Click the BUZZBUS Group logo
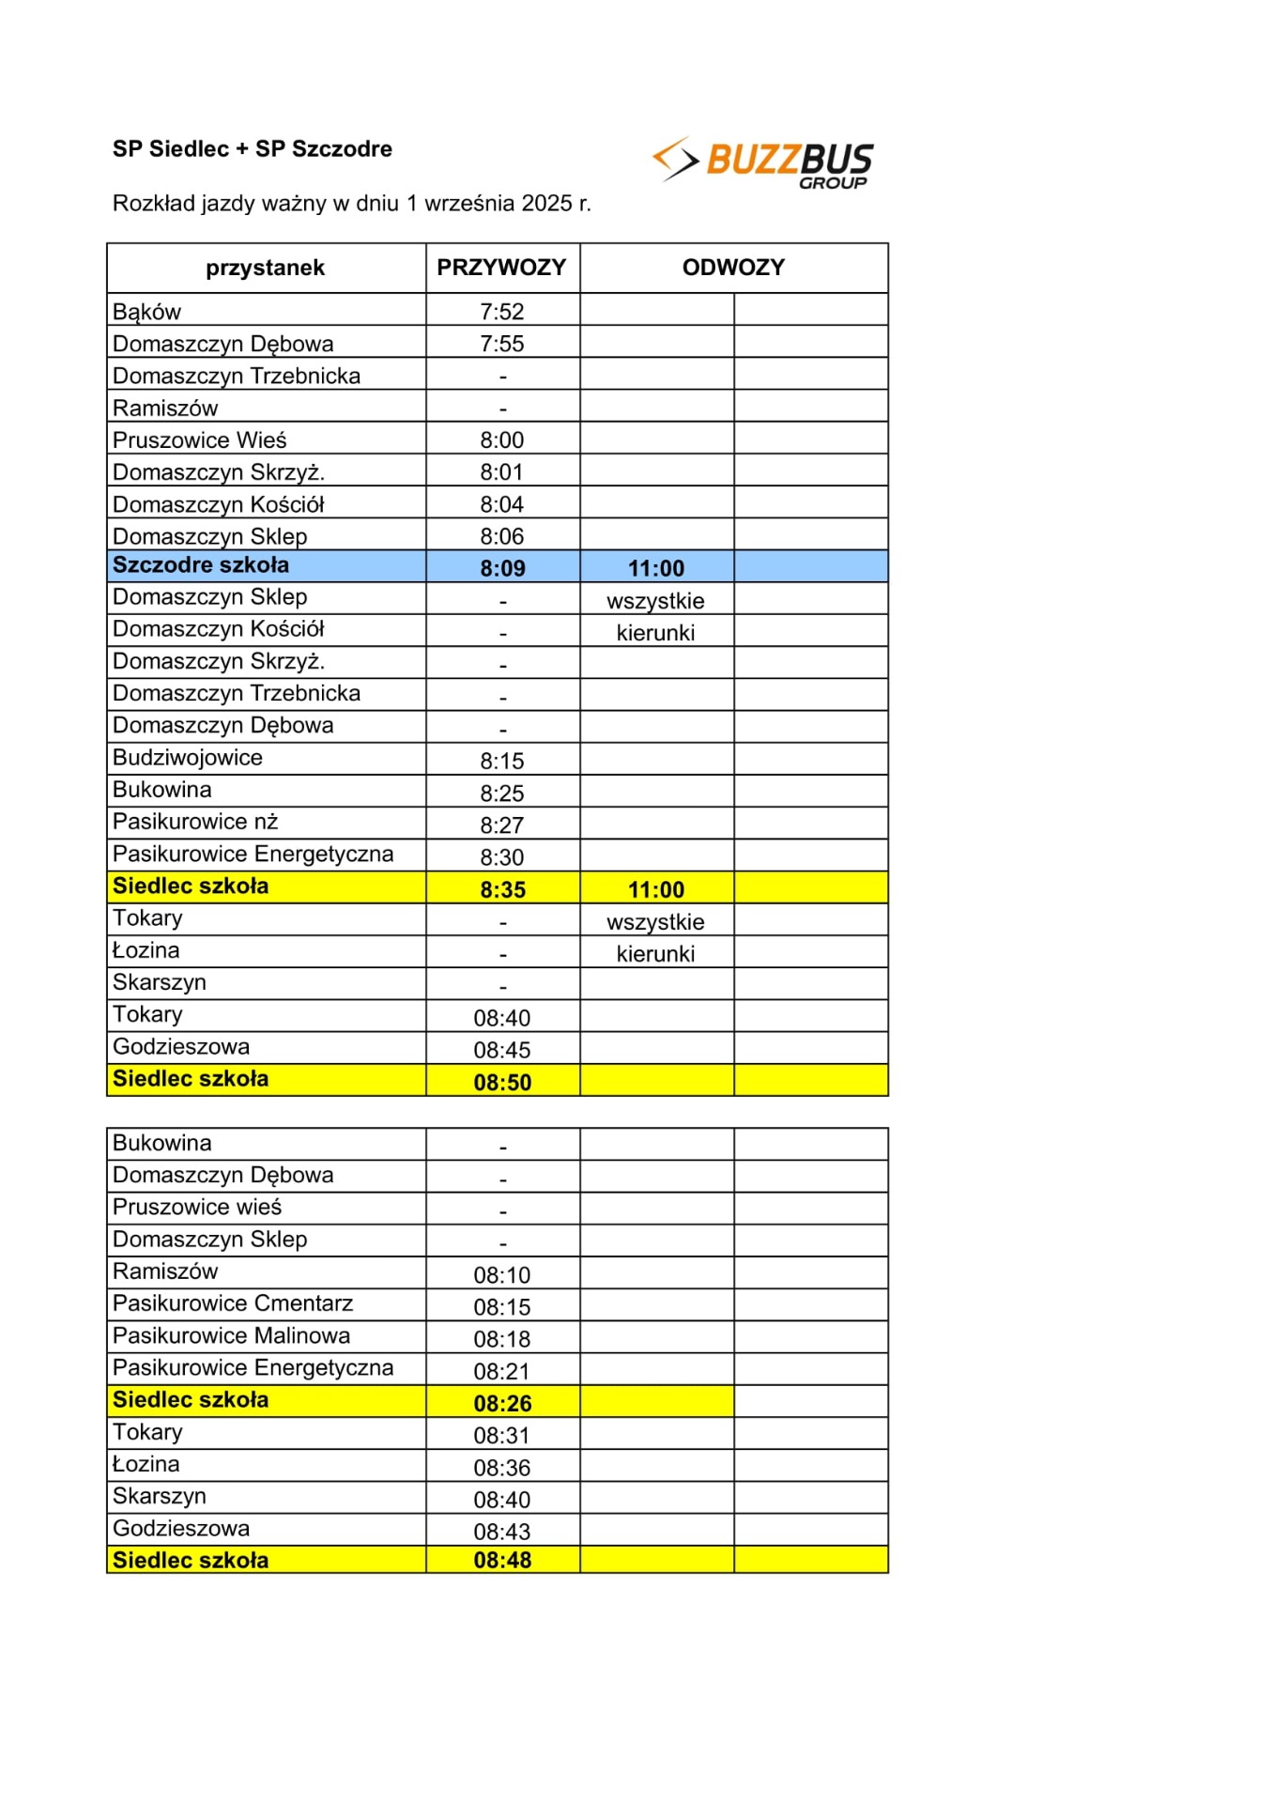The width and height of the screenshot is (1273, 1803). tap(763, 162)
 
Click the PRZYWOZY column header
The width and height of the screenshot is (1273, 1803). tap(501, 268)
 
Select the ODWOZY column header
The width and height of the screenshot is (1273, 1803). tap(733, 268)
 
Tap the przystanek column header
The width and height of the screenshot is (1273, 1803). tap(266, 268)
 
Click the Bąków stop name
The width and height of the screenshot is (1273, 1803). tap(147, 312)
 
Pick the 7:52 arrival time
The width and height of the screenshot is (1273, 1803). tap(502, 312)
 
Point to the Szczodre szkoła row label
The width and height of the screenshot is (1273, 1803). tap(201, 565)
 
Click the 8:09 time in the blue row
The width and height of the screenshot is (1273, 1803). tap(502, 568)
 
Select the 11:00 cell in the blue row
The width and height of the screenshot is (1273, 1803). tap(656, 568)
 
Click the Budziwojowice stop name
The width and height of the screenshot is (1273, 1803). tap(188, 758)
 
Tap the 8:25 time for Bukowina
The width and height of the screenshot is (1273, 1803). tap(502, 794)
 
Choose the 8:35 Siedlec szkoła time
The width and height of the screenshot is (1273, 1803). tap(502, 889)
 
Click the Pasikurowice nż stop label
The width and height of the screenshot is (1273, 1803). tap(195, 822)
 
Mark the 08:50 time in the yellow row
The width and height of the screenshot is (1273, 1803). tap(502, 1082)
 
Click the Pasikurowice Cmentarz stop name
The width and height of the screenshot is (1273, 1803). tap(233, 1303)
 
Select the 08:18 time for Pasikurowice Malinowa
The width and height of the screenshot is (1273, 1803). tap(502, 1339)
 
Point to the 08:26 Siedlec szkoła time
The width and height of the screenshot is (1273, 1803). tap(502, 1403)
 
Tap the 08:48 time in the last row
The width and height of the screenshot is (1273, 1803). tap(502, 1560)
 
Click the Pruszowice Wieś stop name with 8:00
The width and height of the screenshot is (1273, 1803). tap(200, 440)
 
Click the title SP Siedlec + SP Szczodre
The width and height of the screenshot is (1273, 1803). tap(253, 148)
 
